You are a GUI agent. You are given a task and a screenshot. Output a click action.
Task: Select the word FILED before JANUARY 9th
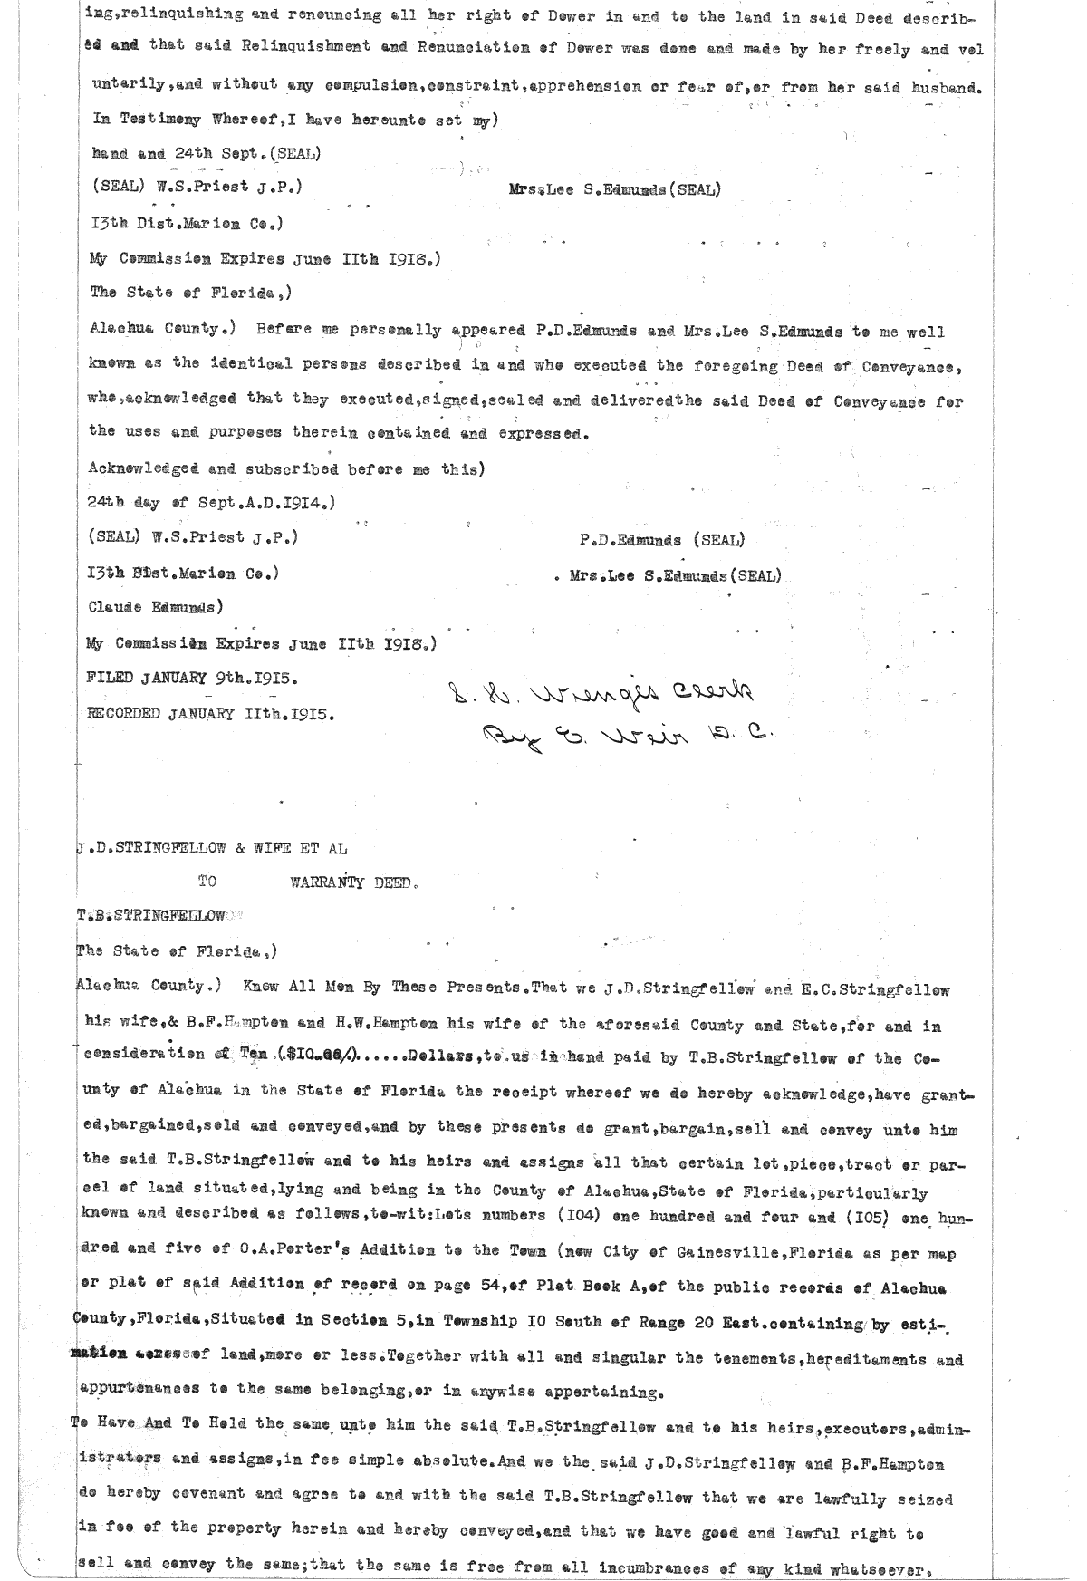click(x=110, y=678)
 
